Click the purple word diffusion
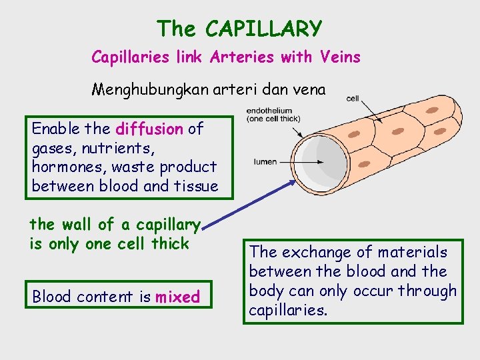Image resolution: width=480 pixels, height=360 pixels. coord(149,129)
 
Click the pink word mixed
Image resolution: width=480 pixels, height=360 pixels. coord(177,297)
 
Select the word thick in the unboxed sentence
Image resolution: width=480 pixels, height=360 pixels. coord(170,243)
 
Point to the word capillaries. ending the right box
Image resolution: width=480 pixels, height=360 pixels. coord(288,311)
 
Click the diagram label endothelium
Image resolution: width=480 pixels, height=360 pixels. coord(269,111)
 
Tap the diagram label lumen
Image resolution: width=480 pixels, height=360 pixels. coord(265,162)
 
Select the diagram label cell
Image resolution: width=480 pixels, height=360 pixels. coord(353,99)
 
